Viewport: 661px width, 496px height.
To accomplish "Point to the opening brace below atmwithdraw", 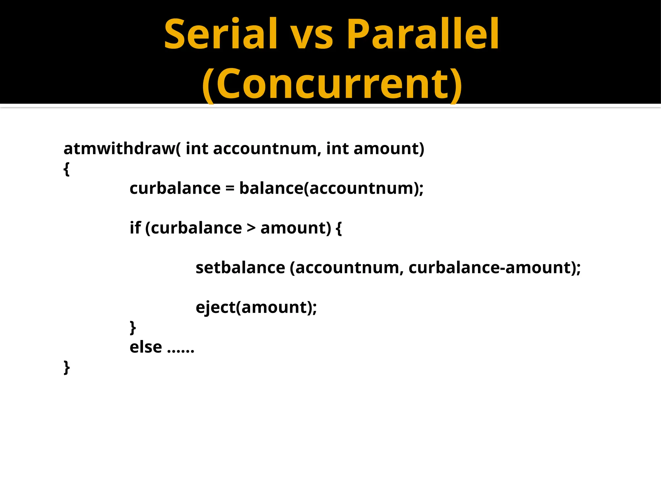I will pyautogui.click(x=66, y=169).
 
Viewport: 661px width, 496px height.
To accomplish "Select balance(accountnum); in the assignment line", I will pyautogui.click(x=331, y=189).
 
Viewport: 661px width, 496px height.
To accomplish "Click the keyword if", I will pyautogui.click(x=135, y=228).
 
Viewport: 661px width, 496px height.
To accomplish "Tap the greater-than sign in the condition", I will pyautogui.click(x=251, y=228).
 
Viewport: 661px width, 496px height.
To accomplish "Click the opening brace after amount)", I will pyautogui.click(x=339, y=228).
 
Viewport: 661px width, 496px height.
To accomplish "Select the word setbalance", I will pyautogui.click(x=240, y=268).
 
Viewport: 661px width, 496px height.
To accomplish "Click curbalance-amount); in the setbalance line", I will pyautogui.click(x=494, y=268).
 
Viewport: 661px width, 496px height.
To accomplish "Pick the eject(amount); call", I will pyautogui.click(x=256, y=307).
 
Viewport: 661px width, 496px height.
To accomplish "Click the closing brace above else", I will pyautogui.click(x=133, y=327).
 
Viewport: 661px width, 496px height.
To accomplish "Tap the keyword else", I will pyautogui.click(x=146, y=347).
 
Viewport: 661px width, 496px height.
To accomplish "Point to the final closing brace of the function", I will pyautogui.click(x=66, y=367).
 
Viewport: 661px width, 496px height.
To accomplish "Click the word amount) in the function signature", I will pyautogui.click(x=389, y=149).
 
